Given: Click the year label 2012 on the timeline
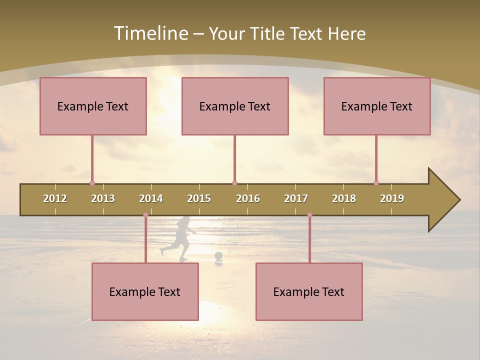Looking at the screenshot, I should click(x=55, y=198).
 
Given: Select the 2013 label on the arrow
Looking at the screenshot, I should click(x=103, y=198).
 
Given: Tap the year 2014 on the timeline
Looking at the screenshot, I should click(x=151, y=198).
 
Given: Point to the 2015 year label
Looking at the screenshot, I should click(x=199, y=198).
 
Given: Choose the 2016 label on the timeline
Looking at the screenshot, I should click(x=248, y=198).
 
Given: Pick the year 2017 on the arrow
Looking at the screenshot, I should click(x=296, y=198).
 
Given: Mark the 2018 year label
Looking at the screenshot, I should click(x=344, y=198).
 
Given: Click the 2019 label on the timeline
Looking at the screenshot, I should click(x=392, y=198).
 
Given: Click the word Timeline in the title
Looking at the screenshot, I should click(x=150, y=33).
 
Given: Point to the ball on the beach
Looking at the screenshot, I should click(x=218, y=256).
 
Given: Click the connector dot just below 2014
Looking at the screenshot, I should click(x=145, y=215).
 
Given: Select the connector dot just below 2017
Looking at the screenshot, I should click(x=309, y=215).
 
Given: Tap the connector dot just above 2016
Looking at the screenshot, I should click(x=234, y=183).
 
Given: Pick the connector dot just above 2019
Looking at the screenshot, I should click(x=376, y=183).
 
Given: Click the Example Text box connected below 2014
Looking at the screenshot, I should click(x=145, y=291).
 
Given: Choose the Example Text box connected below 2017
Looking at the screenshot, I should click(x=309, y=291).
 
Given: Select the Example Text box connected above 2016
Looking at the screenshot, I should click(x=235, y=106).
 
